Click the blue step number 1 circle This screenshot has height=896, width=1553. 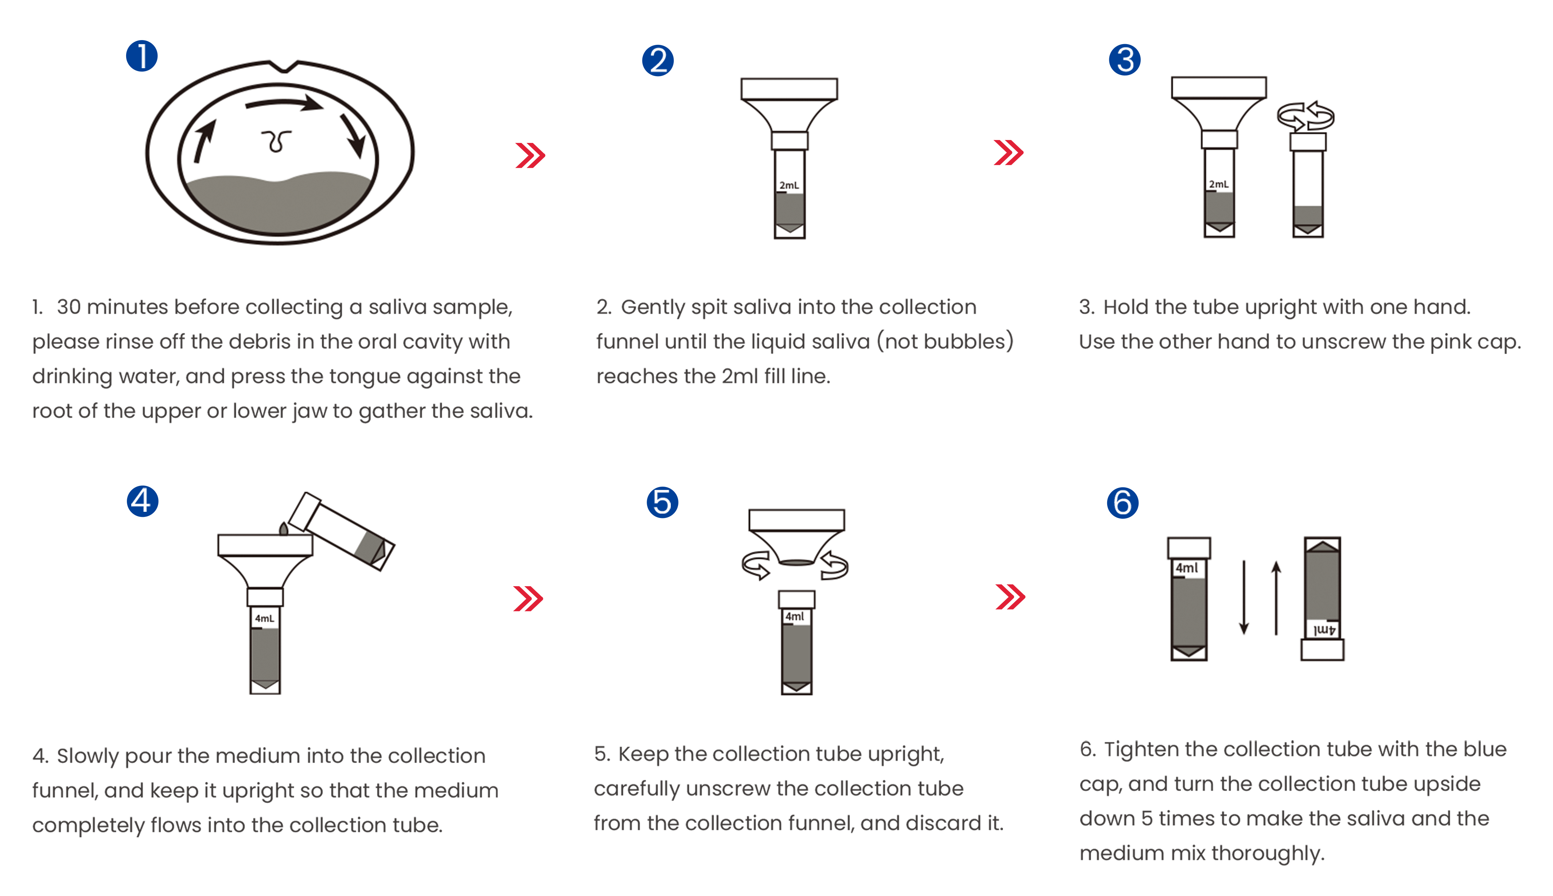tap(141, 56)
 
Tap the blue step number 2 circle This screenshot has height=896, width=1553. tap(658, 60)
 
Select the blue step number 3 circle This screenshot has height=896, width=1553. tap(1125, 60)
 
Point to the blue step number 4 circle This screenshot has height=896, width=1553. tap(142, 501)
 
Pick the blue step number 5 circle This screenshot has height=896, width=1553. tap(662, 502)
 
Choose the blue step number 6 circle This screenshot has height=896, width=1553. tap(1122, 503)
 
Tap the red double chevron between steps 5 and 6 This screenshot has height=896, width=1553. tap(1010, 596)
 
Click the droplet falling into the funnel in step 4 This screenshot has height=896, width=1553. tap(284, 529)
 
